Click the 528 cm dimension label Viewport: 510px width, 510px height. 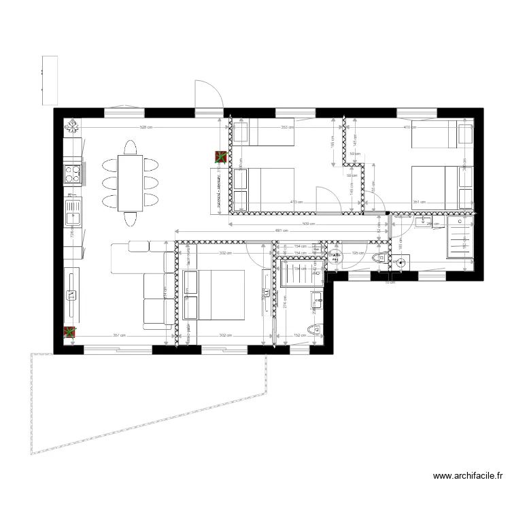145,127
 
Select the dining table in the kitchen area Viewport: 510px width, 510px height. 129,183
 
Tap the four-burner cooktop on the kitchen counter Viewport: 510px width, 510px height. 73,174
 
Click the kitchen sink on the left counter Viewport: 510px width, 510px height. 72,218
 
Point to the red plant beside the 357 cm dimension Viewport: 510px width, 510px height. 69,333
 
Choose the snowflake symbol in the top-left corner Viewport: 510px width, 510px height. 71,126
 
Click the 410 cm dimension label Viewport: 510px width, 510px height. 408,127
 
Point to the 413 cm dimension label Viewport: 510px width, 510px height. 296,202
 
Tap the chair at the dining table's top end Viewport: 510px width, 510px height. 129,147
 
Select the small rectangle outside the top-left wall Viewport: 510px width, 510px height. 47,75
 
